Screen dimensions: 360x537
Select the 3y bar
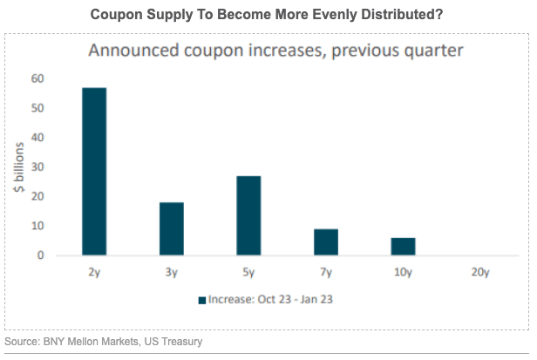tap(171, 228)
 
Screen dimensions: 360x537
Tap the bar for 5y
tap(248, 215)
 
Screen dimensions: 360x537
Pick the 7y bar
tap(326, 242)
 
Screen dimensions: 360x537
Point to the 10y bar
tap(403, 247)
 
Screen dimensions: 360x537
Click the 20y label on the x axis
tap(480, 272)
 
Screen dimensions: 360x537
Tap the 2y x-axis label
tap(93, 272)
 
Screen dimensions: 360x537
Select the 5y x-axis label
tap(248, 272)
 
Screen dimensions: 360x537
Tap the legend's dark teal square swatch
tap(201, 300)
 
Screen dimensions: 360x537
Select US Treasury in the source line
tap(175, 342)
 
